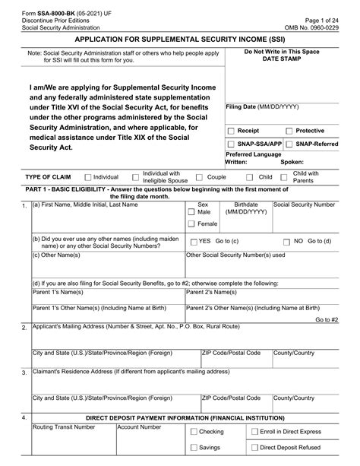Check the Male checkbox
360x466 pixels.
(191, 212)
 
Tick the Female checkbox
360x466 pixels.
(191, 224)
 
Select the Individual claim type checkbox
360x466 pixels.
(88, 176)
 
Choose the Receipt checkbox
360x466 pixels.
(232, 131)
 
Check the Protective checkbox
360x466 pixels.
(288, 131)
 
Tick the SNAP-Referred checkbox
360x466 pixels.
(309, 143)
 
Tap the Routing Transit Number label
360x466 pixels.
(64, 427)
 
